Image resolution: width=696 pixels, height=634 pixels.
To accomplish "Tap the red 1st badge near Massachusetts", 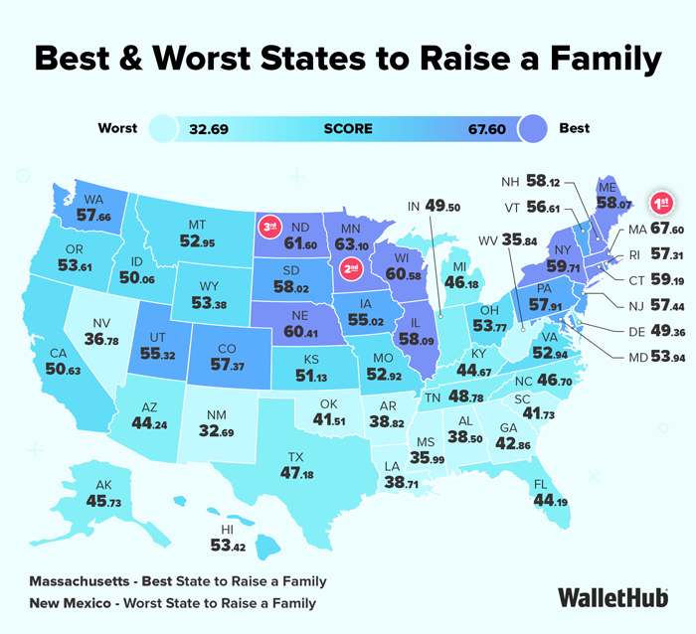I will (661, 204).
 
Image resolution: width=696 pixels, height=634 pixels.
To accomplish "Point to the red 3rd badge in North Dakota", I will (267, 227).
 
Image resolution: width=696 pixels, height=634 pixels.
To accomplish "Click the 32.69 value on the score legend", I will (215, 128).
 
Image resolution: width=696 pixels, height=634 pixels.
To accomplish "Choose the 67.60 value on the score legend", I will (491, 128).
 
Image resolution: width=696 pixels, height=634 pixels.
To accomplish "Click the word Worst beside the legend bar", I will (117, 128).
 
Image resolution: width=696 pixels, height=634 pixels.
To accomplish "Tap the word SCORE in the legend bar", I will (348, 128).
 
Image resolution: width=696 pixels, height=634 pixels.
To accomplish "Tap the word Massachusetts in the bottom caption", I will (85, 580).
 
